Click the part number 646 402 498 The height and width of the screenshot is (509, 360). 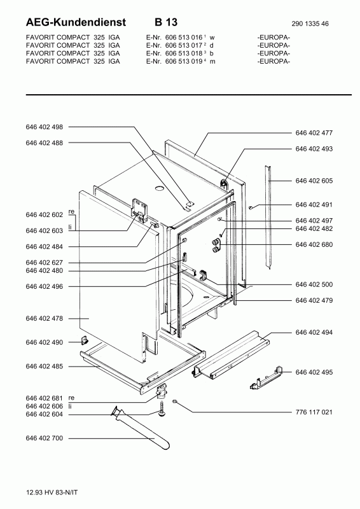tap(44, 127)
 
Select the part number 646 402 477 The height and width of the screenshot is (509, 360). tap(314, 133)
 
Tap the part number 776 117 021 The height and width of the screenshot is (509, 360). tap(314, 412)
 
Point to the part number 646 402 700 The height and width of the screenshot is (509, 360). tap(44, 438)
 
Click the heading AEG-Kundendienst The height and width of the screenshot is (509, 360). tap(76, 22)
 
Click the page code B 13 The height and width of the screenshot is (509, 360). tap(166, 22)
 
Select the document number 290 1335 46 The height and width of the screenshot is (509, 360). tap(310, 24)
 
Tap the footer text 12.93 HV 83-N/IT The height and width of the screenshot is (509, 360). tap(52, 492)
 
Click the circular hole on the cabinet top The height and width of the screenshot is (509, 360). tap(160, 188)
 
